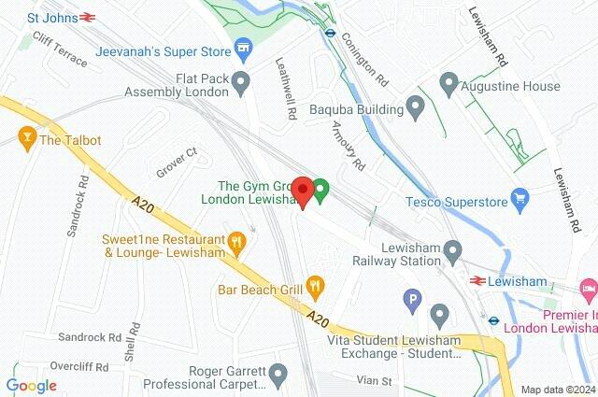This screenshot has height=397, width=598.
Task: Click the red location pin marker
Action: (302, 191)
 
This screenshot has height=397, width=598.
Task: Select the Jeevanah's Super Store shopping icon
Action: (243, 47)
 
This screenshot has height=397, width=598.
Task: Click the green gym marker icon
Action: (320, 192)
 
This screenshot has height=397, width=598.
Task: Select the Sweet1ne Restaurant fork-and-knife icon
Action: (237, 244)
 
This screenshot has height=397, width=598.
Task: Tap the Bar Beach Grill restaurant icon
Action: (316, 284)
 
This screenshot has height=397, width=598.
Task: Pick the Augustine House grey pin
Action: (448, 86)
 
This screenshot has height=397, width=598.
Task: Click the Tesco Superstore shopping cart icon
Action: (520, 198)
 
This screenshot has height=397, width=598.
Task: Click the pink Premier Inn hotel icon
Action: (589, 291)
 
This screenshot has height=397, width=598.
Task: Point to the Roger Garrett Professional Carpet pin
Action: (278, 376)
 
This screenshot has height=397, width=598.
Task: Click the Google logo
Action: (31, 386)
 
